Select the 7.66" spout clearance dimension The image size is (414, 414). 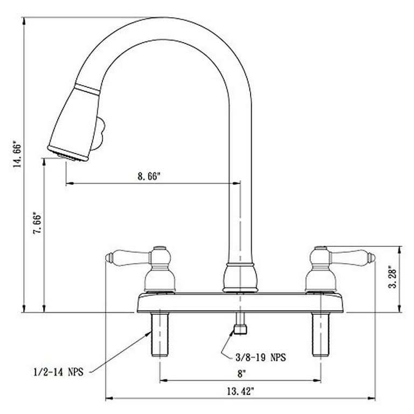click(x=37, y=223)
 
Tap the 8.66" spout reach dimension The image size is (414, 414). click(x=149, y=176)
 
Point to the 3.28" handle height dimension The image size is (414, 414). click(x=393, y=279)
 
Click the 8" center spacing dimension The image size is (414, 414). click(x=241, y=374)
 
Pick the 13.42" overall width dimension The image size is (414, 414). click(x=240, y=391)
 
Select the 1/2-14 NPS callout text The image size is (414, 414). click(x=58, y=372)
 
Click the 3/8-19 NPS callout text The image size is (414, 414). click(x=260, y=357)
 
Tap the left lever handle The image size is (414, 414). click(x=129, y=257)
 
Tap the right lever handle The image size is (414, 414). click(x=352, y=257)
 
